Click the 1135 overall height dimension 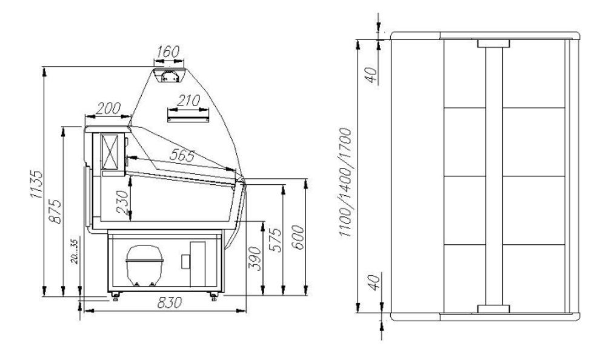click(x=36, y=184)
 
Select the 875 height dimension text click(x=55, y=211)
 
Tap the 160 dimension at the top click(x=168, y=52)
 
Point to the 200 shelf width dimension click(x=108, y=108)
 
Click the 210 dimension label click(x=188, y=101)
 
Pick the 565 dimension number click(x=182, y=155)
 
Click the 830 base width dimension click(x=169, y=302)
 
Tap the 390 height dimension click(x=254, y=258)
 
